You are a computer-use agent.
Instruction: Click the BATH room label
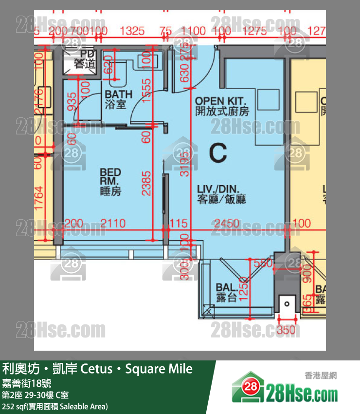(x=119, y=98)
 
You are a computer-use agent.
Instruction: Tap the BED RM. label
(x=110, y=182)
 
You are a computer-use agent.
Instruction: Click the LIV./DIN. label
(x=221, y=194)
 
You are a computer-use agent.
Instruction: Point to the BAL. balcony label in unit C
(x=227, y=293)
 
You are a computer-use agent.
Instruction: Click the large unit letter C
(x=217, y=153)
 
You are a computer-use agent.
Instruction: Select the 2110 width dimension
(x=113, y=224)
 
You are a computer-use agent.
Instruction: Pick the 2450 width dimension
(x=227, y=224)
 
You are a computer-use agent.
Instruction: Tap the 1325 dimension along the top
(x=132, y=31)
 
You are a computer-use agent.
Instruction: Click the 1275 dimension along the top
(x=254, y=31)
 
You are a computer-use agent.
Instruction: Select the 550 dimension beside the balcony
(x=263, y=263)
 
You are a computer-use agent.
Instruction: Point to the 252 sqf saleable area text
(x=55, y=406)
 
